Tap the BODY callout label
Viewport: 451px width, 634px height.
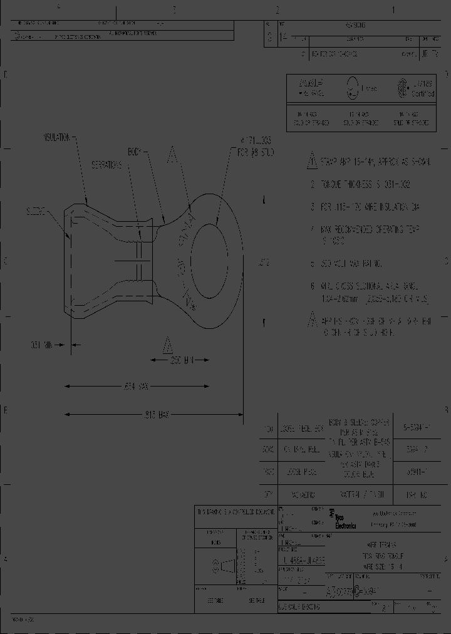pos(137,151)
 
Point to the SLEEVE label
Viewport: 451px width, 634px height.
pos(36,212)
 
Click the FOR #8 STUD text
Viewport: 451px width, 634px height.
pos(256,152)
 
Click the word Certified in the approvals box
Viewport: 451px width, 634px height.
pos(423,94)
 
